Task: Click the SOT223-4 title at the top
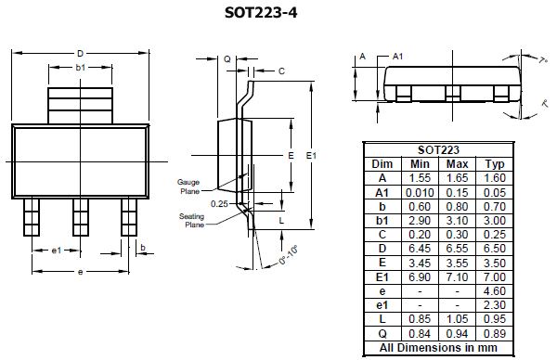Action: click(276, 13)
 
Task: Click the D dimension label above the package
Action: click(81, 53)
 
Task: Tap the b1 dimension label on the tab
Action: click(81, 68)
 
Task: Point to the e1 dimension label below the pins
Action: click(56, 251)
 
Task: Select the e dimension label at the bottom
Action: click(81, 272)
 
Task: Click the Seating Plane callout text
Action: click(192, 220)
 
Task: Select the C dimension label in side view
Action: click(281, 71)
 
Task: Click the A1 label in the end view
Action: click(397, 57)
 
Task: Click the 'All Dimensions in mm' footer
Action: click(437, 349)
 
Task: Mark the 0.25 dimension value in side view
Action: click(219, 202)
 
